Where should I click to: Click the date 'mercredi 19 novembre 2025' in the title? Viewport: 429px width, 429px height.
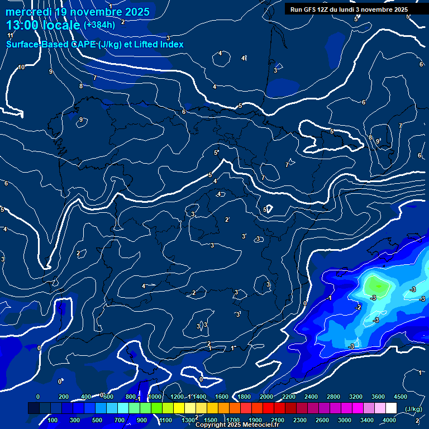78,12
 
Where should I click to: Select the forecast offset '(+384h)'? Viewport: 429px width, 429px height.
99,25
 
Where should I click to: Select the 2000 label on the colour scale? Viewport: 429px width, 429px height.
266,397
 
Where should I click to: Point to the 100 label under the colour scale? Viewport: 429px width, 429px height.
53,420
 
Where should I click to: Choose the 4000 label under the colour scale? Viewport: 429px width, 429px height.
390,420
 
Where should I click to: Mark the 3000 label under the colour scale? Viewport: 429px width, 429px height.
345,420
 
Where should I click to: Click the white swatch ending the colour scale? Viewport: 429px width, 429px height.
391,408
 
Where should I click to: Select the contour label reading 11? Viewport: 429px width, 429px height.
10,35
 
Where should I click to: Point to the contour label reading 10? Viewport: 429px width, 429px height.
21,67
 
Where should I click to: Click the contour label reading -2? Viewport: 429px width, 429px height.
358,307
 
